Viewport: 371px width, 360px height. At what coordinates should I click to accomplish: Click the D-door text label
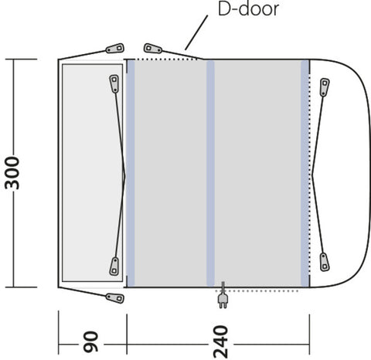[248, 9]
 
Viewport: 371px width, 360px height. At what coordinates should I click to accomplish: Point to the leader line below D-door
[196, 32]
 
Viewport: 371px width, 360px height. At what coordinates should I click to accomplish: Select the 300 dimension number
[12, 173]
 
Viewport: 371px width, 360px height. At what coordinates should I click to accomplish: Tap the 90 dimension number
[91, 341]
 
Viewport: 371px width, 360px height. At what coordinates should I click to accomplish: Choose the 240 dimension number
[221, 341]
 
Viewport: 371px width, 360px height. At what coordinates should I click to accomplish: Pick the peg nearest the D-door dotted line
[153, 49]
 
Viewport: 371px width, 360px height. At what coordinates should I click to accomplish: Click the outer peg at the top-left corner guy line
[115, 48]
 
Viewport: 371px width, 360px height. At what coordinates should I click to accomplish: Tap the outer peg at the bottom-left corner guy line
[115, 298]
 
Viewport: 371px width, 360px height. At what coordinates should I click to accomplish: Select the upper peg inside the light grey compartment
[114, 83]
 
